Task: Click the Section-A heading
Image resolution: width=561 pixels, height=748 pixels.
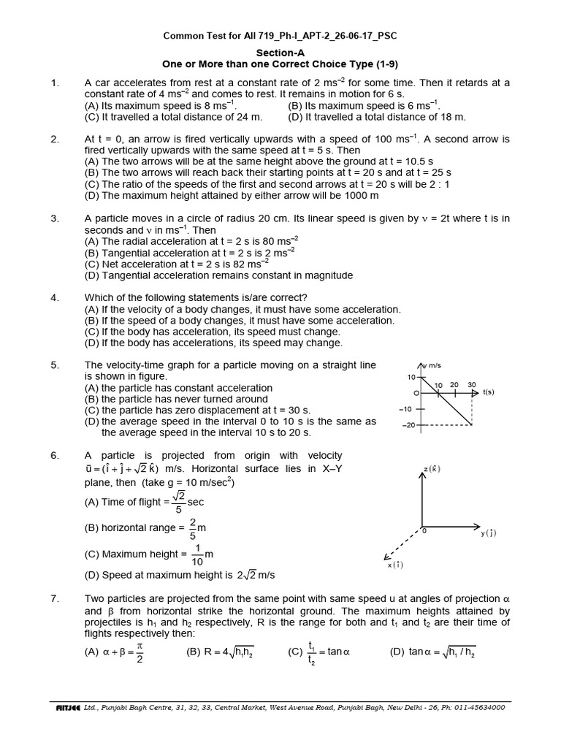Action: pos(280,53)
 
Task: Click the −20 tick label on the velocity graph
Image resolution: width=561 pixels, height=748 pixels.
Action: pos(406,424)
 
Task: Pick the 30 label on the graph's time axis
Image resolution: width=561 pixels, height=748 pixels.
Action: pos(471,384)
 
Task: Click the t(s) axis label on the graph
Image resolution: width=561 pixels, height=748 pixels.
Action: pos(488,393)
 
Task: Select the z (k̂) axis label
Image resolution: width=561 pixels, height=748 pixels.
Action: pos(432,468)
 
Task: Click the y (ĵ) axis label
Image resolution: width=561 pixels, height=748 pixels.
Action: pos(488,533)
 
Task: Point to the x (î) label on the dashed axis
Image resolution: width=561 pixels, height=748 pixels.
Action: pos(394,565)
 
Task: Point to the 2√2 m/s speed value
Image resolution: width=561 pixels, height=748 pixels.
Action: pos(250,575)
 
